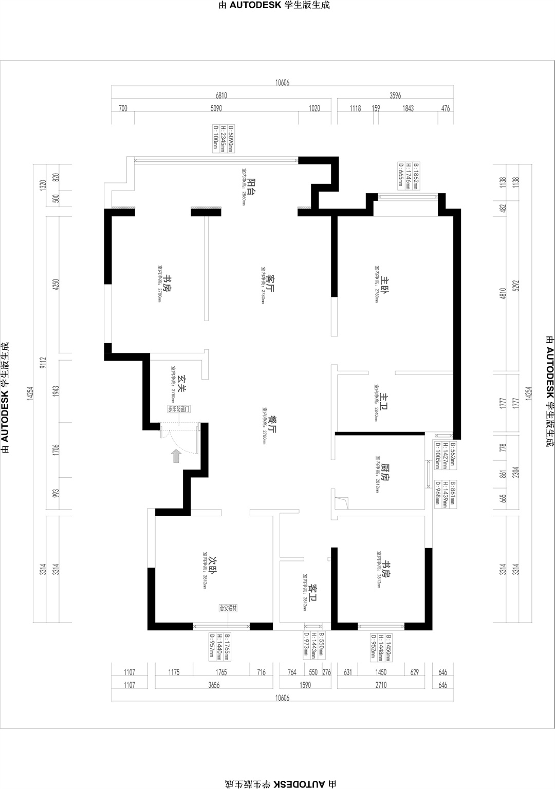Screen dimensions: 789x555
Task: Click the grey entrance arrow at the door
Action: [176, 456]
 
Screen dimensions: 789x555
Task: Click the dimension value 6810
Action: [221, 96]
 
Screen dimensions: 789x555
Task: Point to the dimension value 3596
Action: [395, 96]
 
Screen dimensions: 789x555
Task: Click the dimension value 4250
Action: [56, 285]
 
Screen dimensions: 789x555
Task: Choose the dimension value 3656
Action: [214, 685]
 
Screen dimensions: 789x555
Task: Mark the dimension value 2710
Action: [381, 685]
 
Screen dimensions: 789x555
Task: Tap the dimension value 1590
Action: [305, 685]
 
